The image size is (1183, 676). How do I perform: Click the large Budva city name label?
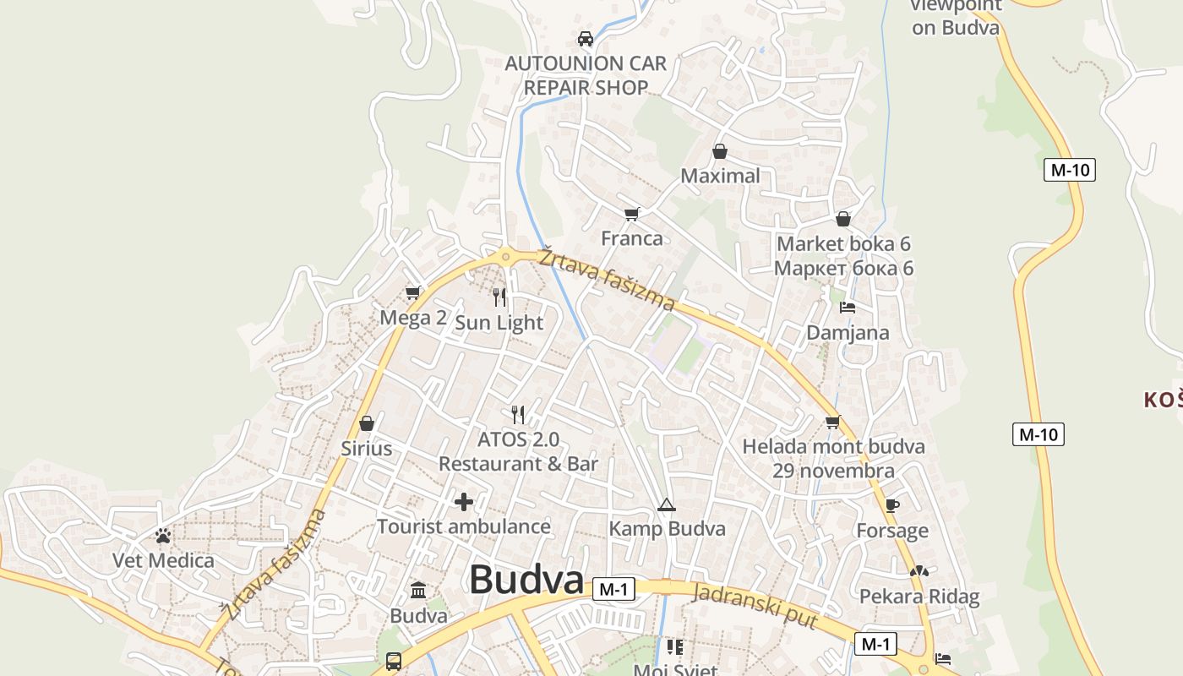click(x=526, y=580)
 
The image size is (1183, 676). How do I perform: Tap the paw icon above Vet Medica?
click(x=163, y=536)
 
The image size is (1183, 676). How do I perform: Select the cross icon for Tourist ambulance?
click(x=464, y=502)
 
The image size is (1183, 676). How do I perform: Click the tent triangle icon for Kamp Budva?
click(x=667, y=505)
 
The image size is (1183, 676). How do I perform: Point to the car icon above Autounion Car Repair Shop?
click(x=586, y=38)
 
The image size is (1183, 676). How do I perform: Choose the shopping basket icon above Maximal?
click(x=720, y=151)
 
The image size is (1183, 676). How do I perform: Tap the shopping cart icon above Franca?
click(x=631, y=214)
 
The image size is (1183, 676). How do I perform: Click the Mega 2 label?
click(x=413, y=318)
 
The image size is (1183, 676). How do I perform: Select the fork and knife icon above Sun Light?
click(x=499, y=297)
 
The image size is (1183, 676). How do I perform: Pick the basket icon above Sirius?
click(x=367, y=422)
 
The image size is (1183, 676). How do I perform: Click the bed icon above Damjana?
click(x=848, y=308)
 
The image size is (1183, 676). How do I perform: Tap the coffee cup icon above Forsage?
click(x=891, y=505)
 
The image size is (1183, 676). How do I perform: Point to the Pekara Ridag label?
click(x=919, y=597)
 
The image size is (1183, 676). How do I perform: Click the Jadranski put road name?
click(x=755, y=605)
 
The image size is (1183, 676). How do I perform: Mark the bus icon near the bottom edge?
click(x=393, y=661)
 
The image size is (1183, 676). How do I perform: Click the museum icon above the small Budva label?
click(x=418, y=590)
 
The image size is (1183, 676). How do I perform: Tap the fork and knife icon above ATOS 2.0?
click(x=518, y=414)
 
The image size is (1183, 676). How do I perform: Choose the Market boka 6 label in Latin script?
click(x=843, y=244)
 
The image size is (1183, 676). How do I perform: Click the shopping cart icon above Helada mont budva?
click(x=833, y=421)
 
